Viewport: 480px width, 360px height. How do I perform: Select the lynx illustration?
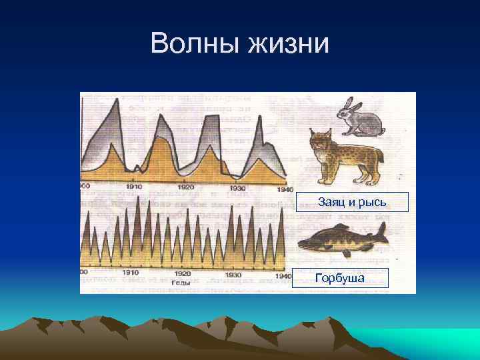point(344,157)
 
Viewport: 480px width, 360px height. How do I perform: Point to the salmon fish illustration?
point(343,238)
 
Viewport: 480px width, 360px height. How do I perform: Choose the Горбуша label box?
point(341,277)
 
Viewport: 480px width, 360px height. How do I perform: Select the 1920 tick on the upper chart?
point(185,188)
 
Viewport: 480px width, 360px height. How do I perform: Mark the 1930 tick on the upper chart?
point(237,188)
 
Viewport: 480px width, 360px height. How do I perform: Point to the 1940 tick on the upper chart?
point(283,187)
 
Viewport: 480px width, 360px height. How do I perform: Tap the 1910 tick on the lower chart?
point(130,273)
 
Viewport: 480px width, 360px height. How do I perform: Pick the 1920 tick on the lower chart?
point(182,273)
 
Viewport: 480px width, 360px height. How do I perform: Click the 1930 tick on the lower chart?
point(233,274)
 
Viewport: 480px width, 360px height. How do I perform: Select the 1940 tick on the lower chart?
point(283,275)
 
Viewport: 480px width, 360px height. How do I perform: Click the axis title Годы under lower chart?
point(181,283)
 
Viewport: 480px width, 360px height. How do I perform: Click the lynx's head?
point(321,141)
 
